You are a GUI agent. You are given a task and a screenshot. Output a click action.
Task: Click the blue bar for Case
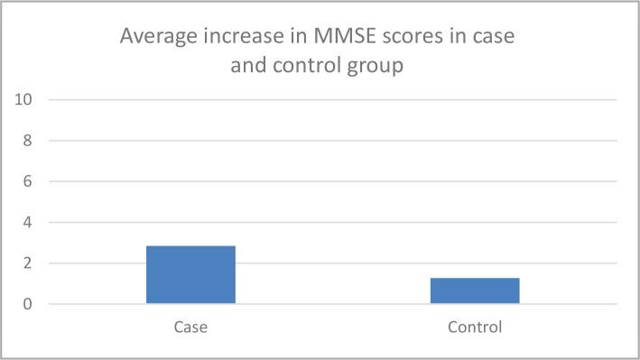190,274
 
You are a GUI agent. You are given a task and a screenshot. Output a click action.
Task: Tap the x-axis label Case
190,327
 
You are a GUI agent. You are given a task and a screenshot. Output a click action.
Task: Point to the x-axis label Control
474,327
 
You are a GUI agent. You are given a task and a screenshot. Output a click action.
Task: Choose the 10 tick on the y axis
24,99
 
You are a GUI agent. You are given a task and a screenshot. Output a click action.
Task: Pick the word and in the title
248,66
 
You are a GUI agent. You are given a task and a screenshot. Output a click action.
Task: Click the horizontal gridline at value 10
325,99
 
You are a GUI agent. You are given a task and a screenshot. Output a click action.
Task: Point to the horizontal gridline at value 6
325,181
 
